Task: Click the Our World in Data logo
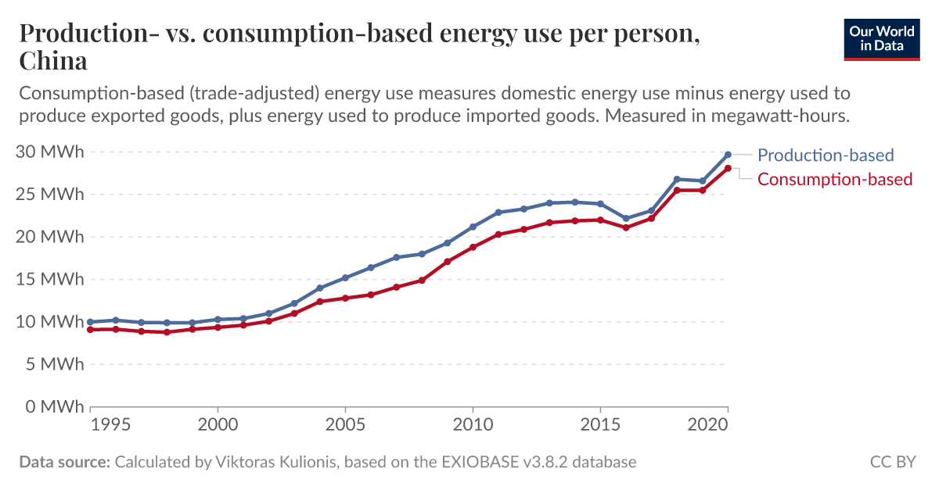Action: tap(881, 39)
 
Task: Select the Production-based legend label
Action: tap(826, 155)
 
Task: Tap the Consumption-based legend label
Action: tap(835, 179)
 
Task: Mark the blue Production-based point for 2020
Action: tap(728, 155)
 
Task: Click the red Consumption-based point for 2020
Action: tap(728, 168)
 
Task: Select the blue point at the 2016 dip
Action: tap(626, 219)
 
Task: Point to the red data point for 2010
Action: tap(473, 247)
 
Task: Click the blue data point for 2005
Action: tap(345, 277)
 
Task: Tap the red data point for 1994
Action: tap(91, 330)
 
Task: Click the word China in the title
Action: tap(53, 60)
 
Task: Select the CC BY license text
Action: tap(893, 462)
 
